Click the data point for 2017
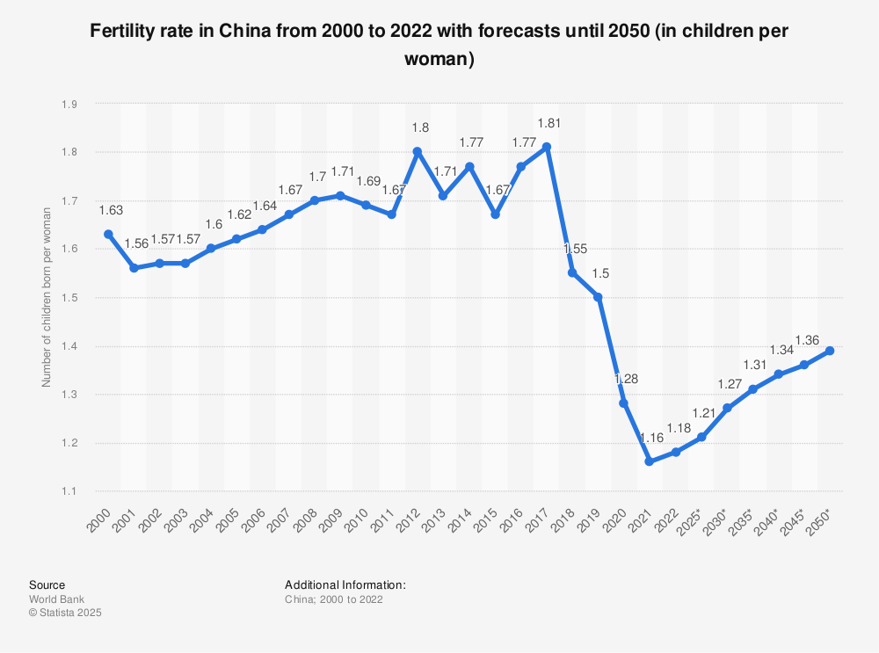tap(547, 147)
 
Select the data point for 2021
tap(649, 461)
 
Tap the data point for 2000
tap(108, 234)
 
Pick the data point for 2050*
tap(829, 351)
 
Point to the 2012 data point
tap(418, 151)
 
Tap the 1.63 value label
tap(110, 210)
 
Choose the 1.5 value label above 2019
tap(600, 273)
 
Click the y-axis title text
tap(47, 298)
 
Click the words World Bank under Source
tap(57, 599)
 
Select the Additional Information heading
tap(345, 584)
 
